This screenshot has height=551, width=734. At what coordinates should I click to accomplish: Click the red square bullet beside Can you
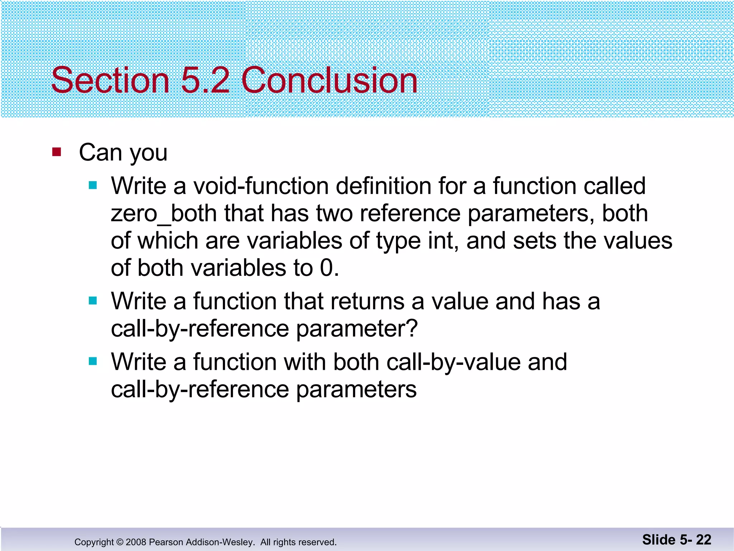57,152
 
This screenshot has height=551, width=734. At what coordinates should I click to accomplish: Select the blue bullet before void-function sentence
93,185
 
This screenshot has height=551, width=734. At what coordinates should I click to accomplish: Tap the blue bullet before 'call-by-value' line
93,361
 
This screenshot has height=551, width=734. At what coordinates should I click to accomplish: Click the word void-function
261,186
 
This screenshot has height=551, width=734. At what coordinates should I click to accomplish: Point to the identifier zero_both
163,213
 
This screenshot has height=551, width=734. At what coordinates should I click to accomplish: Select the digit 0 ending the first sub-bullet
327,268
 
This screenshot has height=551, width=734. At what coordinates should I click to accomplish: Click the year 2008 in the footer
136,542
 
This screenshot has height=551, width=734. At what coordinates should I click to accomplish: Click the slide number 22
704,540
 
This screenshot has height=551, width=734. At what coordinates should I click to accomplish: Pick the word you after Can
148,153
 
